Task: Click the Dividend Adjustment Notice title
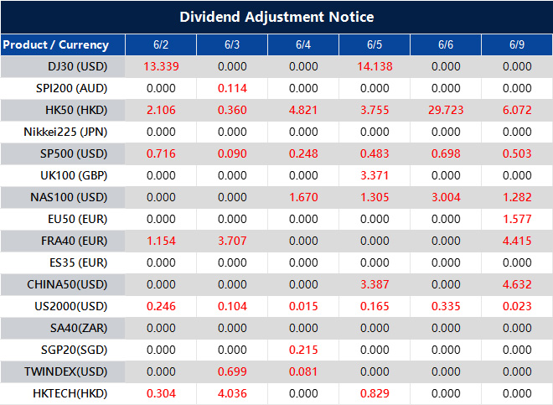[x=276, y=17]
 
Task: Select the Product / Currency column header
[x=55, y=44]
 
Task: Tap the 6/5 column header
[x=375, y=44]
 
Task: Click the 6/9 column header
[x=517, y=44]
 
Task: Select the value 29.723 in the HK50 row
[x=446, y=110]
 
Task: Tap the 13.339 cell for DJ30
[x=161, y=66]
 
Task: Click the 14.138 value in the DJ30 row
[x=375, y=66]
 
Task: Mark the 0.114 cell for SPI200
[x=232, y=88]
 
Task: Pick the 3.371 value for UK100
[x=375, y=175]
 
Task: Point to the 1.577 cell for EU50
[x=517, y=219]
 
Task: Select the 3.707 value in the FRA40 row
[x=232, y=241]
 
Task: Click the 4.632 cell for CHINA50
[x=517, y=284]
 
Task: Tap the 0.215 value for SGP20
[x=303, y=350]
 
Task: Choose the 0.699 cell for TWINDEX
[x=232, y=371]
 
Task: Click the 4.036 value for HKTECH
[x=232, y=393]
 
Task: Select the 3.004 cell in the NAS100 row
[x=446, y=197]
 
